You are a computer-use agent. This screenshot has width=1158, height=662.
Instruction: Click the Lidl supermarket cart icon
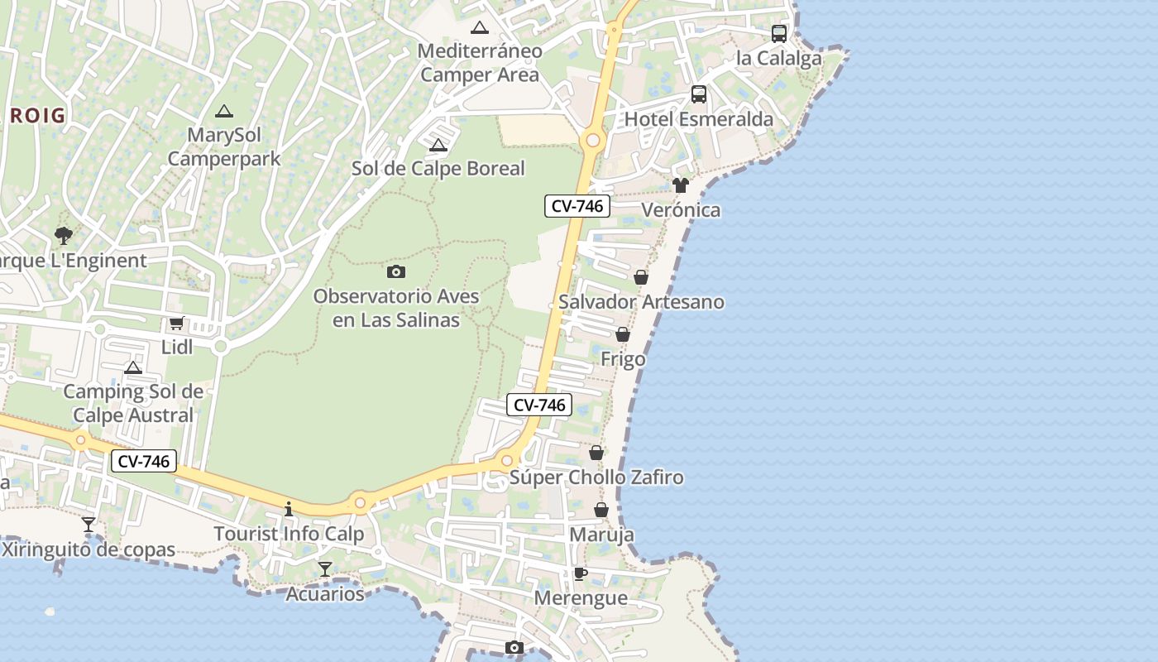pos(176,324)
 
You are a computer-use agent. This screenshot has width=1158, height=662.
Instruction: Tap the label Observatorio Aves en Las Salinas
pos(396,308)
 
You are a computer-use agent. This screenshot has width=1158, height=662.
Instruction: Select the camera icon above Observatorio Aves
pos(396,271)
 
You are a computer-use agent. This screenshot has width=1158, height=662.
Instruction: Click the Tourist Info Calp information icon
pos(289,509)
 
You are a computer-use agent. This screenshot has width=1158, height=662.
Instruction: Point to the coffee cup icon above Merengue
pos(581,573)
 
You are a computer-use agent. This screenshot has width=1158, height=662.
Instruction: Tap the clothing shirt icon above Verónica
pos(681,185)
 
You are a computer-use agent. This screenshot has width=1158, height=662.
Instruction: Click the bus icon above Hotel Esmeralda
pos(699,94)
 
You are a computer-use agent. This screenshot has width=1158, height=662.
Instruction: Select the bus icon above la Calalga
pos(779,34)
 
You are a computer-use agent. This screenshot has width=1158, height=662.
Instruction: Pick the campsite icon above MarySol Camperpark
pos(224,111)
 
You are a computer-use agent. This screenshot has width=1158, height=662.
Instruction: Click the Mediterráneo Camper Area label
pos(480,63)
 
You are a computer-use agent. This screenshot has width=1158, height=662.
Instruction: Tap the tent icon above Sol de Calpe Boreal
pos(438,146)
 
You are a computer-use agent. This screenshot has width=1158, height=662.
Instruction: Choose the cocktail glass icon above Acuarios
pos(325,569)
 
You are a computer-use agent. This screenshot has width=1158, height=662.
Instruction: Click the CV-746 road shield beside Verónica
pos(577,206)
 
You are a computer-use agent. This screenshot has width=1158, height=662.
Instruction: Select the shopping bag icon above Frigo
pos(623,334)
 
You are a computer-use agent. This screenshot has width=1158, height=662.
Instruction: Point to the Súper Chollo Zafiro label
pos(596,477)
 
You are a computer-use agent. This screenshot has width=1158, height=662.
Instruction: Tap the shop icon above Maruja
pos(601,510)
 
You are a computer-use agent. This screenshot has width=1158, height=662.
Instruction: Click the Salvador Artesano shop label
pos(641,302)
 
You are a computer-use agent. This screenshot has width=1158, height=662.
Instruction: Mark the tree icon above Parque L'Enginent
pos(64,236)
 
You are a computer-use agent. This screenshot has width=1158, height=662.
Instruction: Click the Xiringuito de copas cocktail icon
pos(89,525)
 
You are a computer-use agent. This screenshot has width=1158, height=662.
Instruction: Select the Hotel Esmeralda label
pos(699,119)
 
